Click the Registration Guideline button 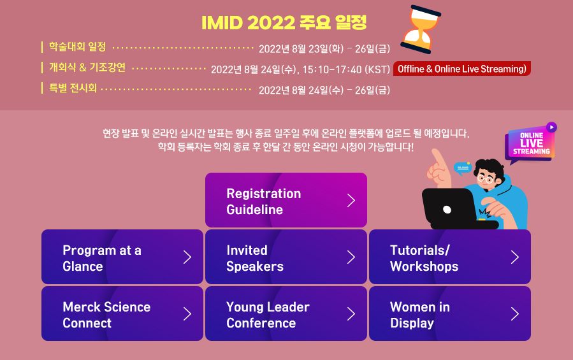click(286, 201)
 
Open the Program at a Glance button click(122, 257)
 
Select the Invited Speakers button click(286, 257)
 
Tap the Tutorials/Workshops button click(449, 257)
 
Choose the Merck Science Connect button click(122, 314)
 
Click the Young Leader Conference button click(286, 314)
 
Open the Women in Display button click(449, 314)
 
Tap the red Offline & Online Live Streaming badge click(462, 69)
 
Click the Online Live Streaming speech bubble click(530, 143)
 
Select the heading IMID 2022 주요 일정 click(284, 23)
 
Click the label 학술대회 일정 click(77, 47)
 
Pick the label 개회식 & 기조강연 click(87, 68)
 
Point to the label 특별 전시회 click(73, 88)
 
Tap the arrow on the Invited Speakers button click(351, 257)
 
